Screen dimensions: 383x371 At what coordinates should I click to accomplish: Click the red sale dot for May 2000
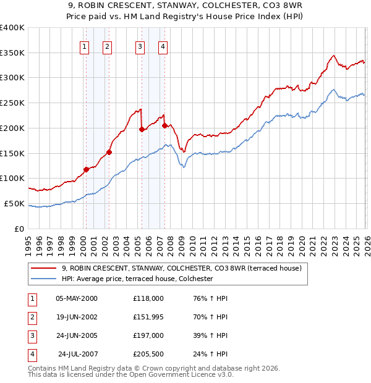coord(87,169)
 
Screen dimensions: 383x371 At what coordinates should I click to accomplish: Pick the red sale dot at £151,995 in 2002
coord(109,152)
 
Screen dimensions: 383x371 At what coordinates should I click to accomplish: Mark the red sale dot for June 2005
coord(142,129)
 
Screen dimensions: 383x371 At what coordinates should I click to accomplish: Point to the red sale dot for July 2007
coord(165,125)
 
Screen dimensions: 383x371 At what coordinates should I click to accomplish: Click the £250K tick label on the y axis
coord(12,103)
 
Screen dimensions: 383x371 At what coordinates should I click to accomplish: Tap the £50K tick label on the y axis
coord(14,203)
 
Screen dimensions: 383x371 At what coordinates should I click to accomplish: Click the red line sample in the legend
coord(44,268)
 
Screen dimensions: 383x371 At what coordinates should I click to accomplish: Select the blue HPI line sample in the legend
coord(44,279)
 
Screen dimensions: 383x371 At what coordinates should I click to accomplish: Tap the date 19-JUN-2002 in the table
coord(77,316)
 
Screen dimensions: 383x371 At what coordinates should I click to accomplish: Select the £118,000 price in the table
coord(148,298)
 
